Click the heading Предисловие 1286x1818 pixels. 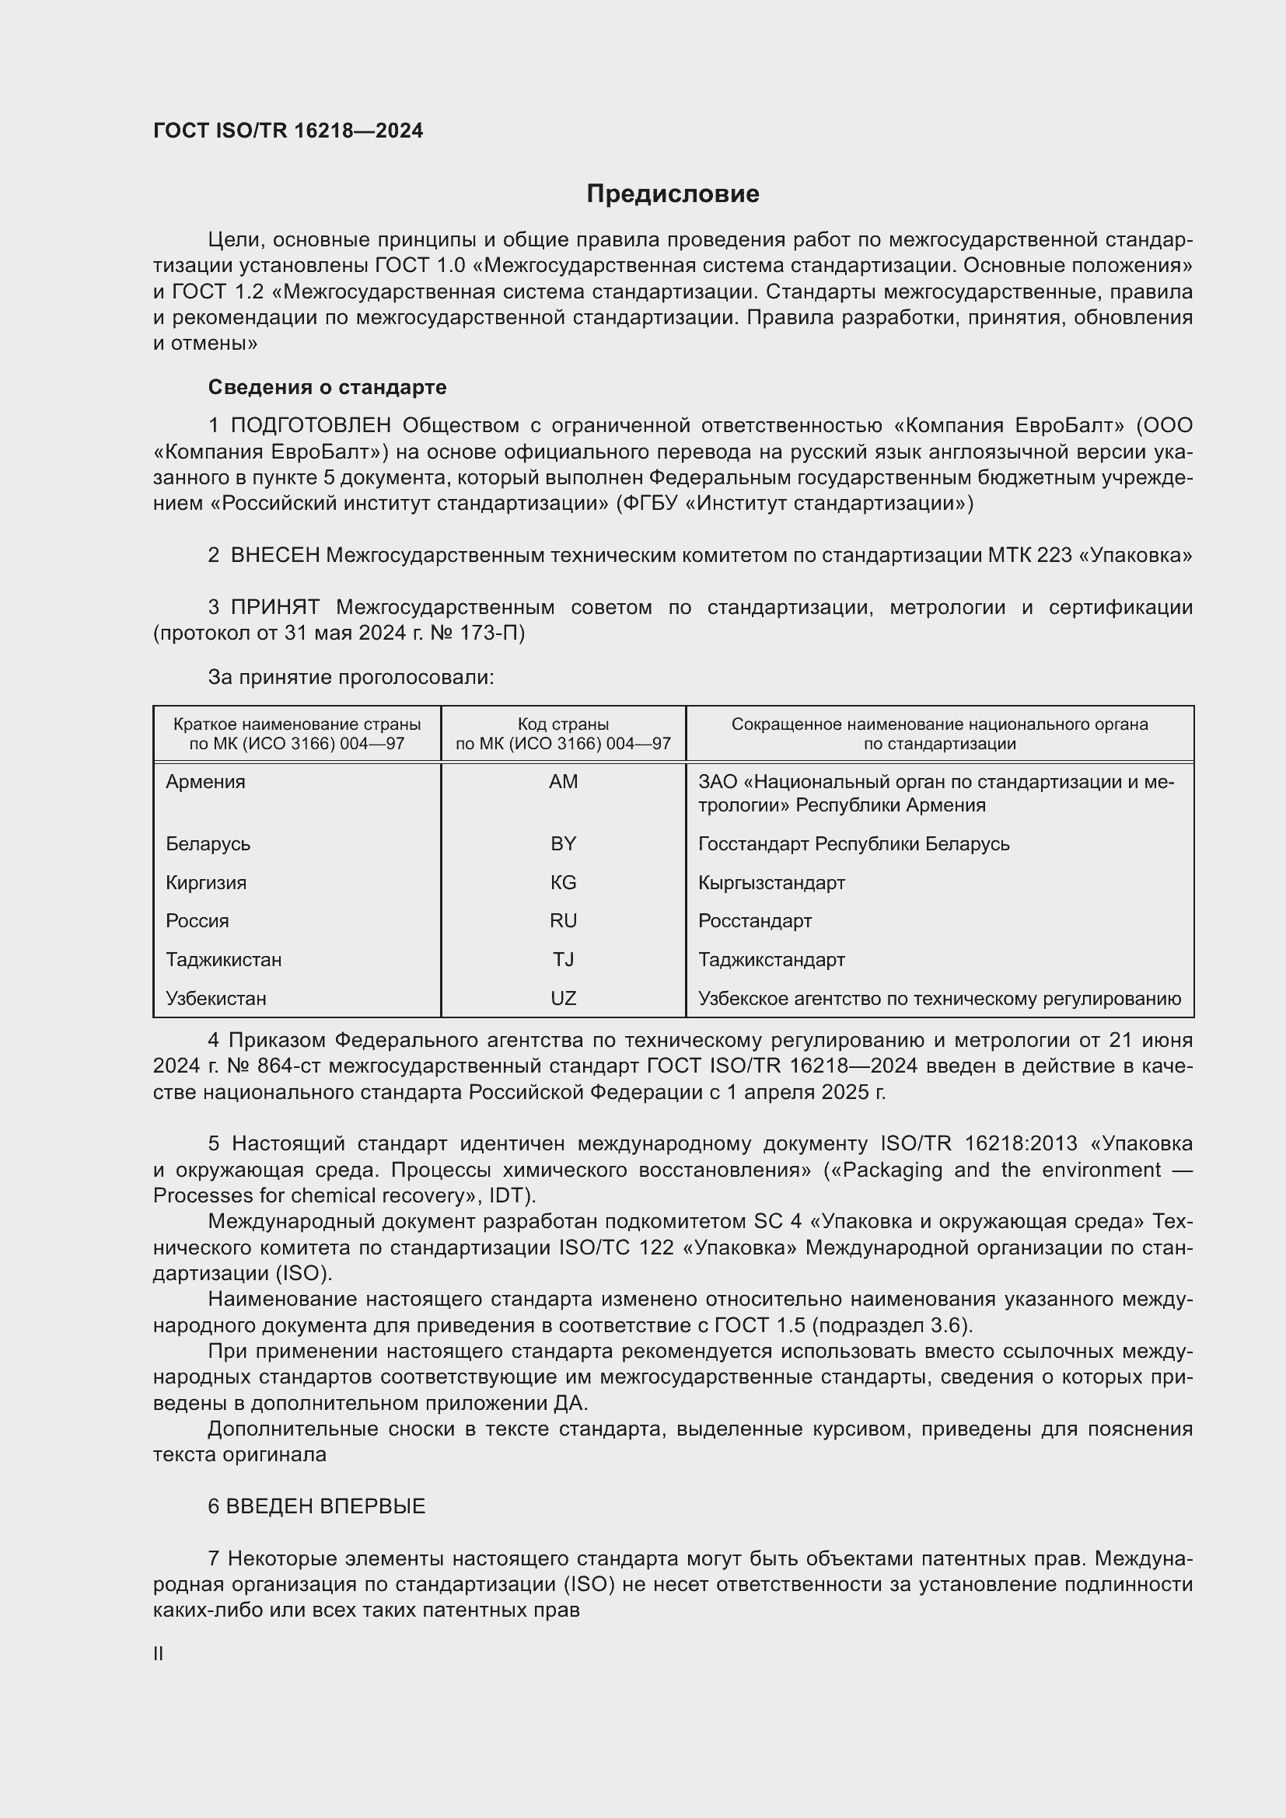[673, 194]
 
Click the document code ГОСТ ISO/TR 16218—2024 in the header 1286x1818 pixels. [288, 131]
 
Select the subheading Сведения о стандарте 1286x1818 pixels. [327, 387]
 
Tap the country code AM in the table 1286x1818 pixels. [563, 781]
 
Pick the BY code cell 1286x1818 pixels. [563, 843]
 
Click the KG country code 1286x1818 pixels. [563, 882]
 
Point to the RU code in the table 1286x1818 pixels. [563, 921]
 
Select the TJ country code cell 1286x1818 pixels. [563, 960]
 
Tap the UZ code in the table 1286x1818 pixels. [563, 999]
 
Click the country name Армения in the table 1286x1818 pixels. [206, 781]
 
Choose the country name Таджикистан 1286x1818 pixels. [223, 960]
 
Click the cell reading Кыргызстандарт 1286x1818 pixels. [771, 882]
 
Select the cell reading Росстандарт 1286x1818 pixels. [755, 921]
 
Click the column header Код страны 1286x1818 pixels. [563, 724]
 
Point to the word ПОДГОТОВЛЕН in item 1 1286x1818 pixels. [310, 426]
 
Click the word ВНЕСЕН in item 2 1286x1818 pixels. [274, 556]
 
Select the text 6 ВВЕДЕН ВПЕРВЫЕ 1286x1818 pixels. [316, 1506]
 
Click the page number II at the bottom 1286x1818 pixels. [159, 1653]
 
